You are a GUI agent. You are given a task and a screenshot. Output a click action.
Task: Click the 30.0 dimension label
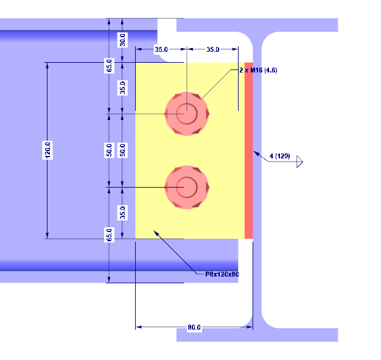122,40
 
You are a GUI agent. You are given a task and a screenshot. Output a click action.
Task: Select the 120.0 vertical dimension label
47,150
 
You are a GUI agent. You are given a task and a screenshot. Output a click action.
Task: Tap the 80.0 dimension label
194,328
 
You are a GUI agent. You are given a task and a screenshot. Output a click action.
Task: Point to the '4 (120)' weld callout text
279,157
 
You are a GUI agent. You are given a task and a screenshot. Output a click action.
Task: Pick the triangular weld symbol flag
299,163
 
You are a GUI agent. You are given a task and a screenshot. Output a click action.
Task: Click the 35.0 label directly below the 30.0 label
122,88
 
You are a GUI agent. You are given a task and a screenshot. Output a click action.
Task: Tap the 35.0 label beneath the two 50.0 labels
122,213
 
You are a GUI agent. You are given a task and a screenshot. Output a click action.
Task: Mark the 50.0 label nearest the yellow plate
122,150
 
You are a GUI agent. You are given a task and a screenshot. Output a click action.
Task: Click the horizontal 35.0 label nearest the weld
213,49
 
